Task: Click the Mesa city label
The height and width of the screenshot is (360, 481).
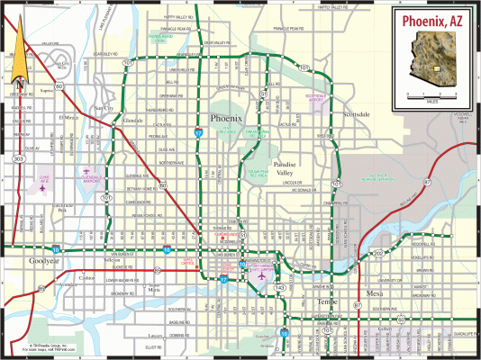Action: point(376,294)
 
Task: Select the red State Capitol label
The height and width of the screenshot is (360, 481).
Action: point(189,262)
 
